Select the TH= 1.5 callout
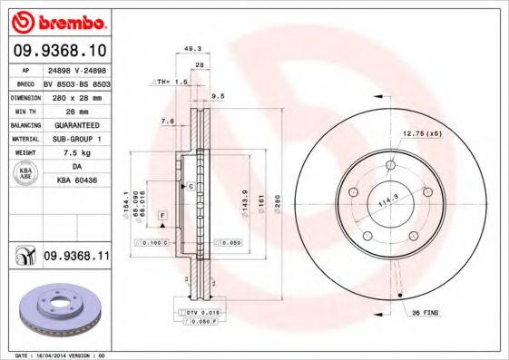click(x=170, y=82)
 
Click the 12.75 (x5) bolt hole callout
click(x=421, y=133)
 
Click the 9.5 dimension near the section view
click(x=219, y=95)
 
